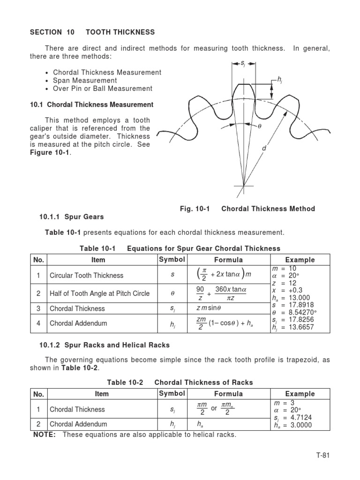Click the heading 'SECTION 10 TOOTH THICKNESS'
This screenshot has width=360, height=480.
click(x=92, y=32)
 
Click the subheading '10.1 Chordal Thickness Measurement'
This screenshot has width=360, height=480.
click(x=91, y=105)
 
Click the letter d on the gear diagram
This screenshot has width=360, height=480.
click(x=264, y=149)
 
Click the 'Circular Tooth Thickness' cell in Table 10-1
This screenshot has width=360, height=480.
click(x=87, y=276)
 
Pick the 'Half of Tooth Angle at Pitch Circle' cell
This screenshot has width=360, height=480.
click(x=100, y=293)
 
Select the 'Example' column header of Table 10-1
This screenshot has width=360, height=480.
click(x=300, y=260)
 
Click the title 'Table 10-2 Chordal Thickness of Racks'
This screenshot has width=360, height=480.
click(x=180, y=382)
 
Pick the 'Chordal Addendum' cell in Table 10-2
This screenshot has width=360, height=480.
click(x=78, y=424)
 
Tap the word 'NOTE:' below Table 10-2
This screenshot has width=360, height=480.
click(x=45, y=435)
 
